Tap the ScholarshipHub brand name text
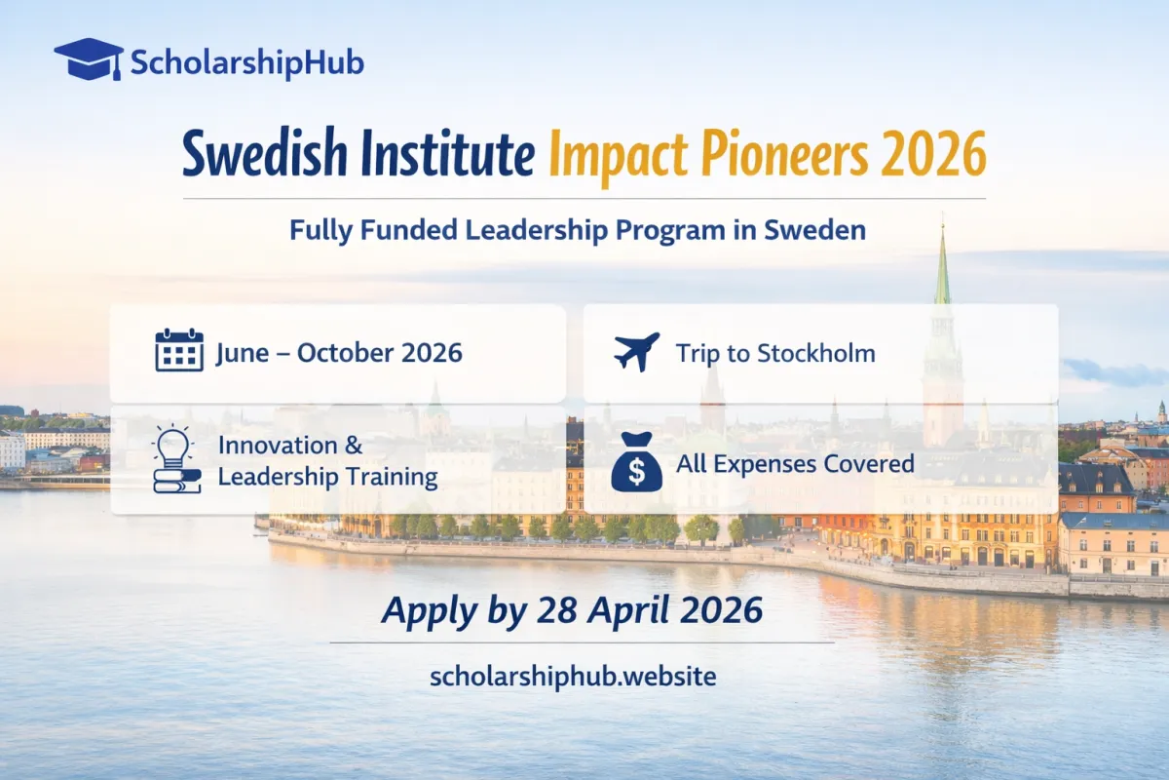point(246,63)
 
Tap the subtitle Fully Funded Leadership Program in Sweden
point(578,231)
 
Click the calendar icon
point(179,351)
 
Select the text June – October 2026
point(340,353)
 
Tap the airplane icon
point(637,352)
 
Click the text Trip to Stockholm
point(775,353)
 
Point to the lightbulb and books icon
point(176,460)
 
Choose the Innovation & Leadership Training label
point(327,461)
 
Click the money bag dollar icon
point(636,464)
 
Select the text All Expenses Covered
point(795,463)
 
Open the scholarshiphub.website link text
point(573,677)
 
